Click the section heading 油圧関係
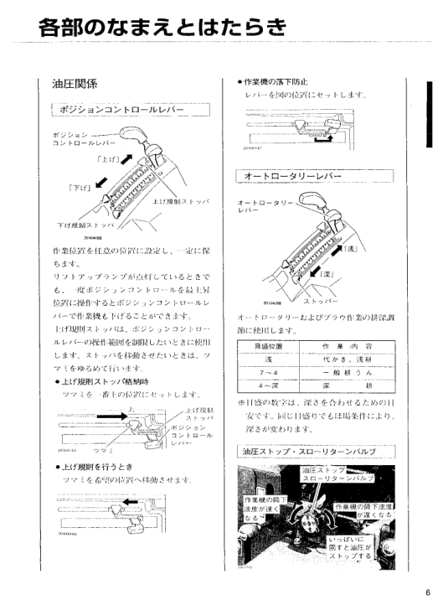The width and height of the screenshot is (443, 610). coord(75,83)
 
